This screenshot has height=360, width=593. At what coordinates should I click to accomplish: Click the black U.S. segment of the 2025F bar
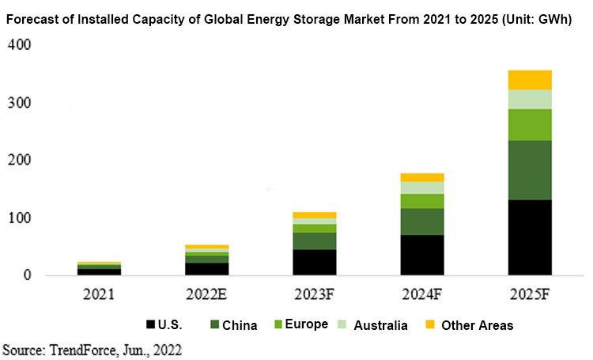click(x=530, y=237)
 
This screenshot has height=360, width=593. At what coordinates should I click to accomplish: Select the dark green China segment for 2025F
click(x=530, y=170)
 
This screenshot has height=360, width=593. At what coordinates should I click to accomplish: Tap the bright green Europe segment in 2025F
click(x=530, y=124)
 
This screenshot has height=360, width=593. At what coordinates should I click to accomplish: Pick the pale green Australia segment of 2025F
click(x=530, y=99)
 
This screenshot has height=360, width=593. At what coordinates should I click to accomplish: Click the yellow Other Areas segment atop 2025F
click(x=530, y=79)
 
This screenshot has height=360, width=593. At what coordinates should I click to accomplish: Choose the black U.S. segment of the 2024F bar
click(x=421, y=255)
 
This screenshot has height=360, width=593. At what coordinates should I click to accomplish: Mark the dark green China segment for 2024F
click(x=421, y=222)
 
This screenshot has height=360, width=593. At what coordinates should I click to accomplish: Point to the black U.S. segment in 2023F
click(x=314, y=262)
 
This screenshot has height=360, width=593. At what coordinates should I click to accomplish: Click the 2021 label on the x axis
click(x=99, y=295)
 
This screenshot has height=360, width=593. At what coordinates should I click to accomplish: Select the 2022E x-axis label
click(x=206, y=295)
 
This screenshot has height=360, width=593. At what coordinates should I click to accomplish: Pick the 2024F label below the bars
click(x=421, y=295)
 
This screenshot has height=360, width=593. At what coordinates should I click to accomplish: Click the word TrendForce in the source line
click(x=77, y=348)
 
